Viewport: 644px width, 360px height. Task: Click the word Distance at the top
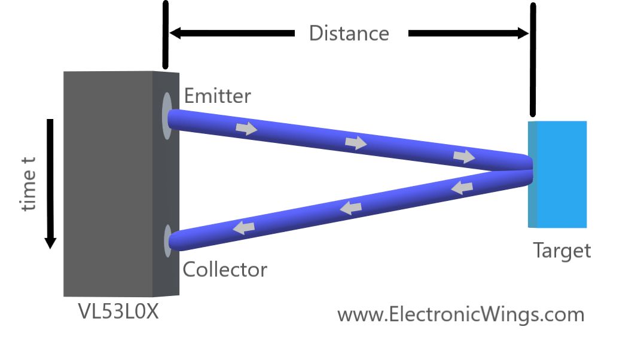coord(349,33)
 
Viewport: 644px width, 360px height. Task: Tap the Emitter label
coord(218,96)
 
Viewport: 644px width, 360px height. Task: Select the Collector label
coord(225,270)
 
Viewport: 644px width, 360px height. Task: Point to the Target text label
coord(561,250)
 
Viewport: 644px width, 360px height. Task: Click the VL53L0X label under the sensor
coord(118,312)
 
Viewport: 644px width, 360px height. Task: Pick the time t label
coord(28,184)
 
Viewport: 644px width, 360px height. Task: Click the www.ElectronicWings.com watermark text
coord(460,315)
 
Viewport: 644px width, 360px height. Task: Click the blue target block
coord(557,174)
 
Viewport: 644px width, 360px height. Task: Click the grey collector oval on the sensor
coord(167,240)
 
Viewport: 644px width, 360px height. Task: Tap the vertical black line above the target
coord(532,60)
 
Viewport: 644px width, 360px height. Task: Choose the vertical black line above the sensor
coord(166,34)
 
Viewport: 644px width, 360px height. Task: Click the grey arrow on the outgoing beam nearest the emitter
coord(246,129)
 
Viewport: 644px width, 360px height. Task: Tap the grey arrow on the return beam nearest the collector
coord(244,227)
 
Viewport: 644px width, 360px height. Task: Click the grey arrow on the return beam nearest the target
coord(462,188)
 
